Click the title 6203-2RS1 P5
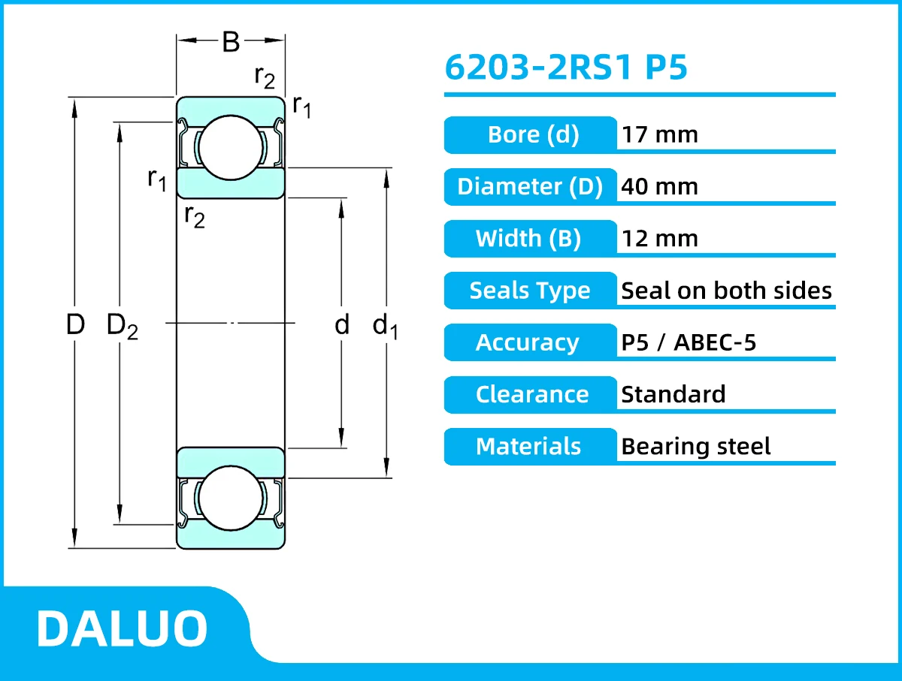566,68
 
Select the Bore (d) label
532,135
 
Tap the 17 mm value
659,135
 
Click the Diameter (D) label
530,186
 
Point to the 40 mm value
659,186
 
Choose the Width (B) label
528,239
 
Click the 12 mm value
659,239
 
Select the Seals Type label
530,291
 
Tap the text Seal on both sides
726,291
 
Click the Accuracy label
528,342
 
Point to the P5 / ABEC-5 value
689,342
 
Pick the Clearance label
532,394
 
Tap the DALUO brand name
122,628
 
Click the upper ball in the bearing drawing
231,147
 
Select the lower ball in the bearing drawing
231,499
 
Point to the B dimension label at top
231,43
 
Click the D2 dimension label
123,326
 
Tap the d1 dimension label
385,326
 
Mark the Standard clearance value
673,394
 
